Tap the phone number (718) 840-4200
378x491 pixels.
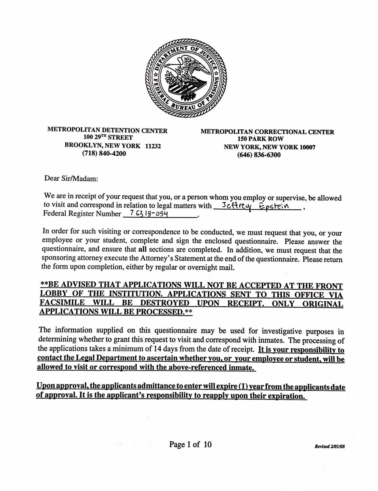[x=104, y=153]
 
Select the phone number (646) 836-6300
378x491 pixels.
[x=259, y=155]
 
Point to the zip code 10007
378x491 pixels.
[x=307, y=147]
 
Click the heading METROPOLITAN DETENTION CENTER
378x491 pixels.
[x=107, y=130]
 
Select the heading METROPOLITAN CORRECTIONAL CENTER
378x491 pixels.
[x=267, y=132]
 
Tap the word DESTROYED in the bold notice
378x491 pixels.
[x=165, y=303]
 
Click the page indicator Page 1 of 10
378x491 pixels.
[x=190, y=444]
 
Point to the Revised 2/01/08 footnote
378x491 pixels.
[x=329, y=446]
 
